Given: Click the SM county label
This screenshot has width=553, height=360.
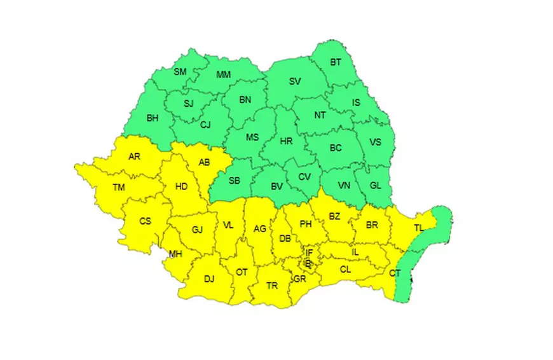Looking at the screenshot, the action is pyautogui.click(x=181, y=72).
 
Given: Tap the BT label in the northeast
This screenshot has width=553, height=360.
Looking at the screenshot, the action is pyautogui.click(x=335, y=62).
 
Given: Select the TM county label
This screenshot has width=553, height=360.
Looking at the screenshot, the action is pyautogui.click(x=119, y=187).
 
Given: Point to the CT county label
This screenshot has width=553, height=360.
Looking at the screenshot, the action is pyautogui.click(x=395, y=273).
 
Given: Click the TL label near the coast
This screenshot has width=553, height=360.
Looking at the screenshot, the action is pyautogui.click(x=419, y=228).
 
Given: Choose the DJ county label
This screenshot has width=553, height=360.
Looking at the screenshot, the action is pyautogui.click(x=209, y=278).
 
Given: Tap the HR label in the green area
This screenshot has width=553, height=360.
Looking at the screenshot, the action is pyautogui.click(x=286, y=142).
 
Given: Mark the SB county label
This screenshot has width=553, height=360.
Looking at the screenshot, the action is pyautogui.click(x=234, y=181).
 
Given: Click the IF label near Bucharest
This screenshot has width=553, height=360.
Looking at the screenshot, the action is pyautogui.click(x=309, y=253).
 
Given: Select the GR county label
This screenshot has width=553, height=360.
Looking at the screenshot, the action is pyautogui.click(x=300, y=279).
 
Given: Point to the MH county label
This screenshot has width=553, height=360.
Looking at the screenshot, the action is pyautogui.click(x=175, y=255).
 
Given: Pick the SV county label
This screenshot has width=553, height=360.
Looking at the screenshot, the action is pyautogui.click(x=295, y=81).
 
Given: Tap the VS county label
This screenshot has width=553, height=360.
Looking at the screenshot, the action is pyautogui.click(x=375, y=142).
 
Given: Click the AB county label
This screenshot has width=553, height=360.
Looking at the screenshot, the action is pyautogui.click(x=204, y=162).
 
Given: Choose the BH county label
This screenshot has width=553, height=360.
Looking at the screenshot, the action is pyautogui.click(x=153, y=118).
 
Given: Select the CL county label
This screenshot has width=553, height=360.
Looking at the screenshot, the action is pyautogui.click(x=345, y=269).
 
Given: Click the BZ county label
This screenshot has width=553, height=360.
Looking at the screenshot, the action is pyautogui.click(x=334, y=217).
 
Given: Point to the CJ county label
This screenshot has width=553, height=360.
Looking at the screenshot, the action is pyautogui.click(x=205, y=125).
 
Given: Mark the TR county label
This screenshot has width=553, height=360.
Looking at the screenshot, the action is pyautogui.click(x=272, y=286).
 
